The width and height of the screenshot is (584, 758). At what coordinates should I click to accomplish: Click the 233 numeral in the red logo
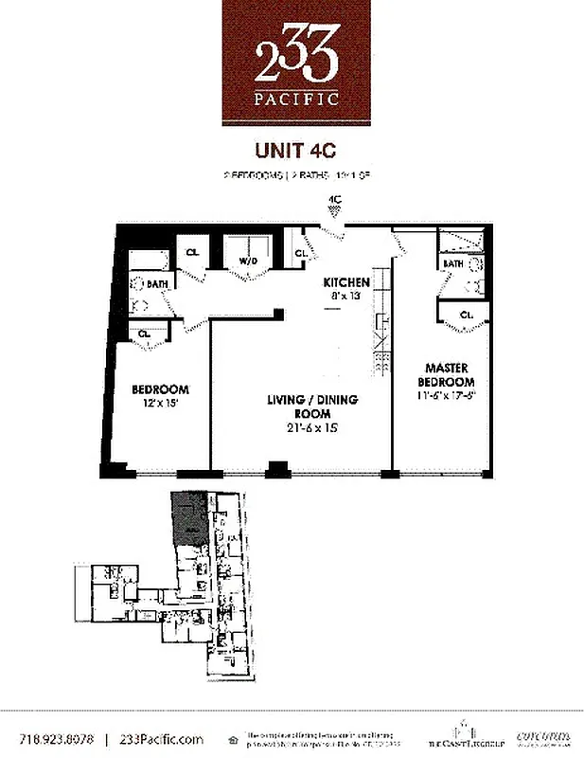tap(295, 63)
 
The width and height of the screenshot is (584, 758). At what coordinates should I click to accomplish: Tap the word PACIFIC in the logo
tap(295, 99)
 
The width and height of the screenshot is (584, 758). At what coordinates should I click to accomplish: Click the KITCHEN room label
tap(345, 282)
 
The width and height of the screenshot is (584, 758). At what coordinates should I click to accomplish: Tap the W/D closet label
tap(248, 261)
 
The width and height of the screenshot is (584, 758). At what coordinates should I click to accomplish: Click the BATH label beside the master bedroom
tap(453, 263)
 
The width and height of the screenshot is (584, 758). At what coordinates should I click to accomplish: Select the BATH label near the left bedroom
tap(156, 282)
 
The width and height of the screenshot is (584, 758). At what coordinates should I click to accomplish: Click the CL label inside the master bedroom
tap(466, 315)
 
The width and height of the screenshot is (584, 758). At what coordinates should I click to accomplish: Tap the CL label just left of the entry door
tap(300, 253)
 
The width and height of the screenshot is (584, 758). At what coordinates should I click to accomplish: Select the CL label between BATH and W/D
tap(191, 252)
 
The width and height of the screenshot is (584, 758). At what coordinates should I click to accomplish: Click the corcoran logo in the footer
tap(540, 736)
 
